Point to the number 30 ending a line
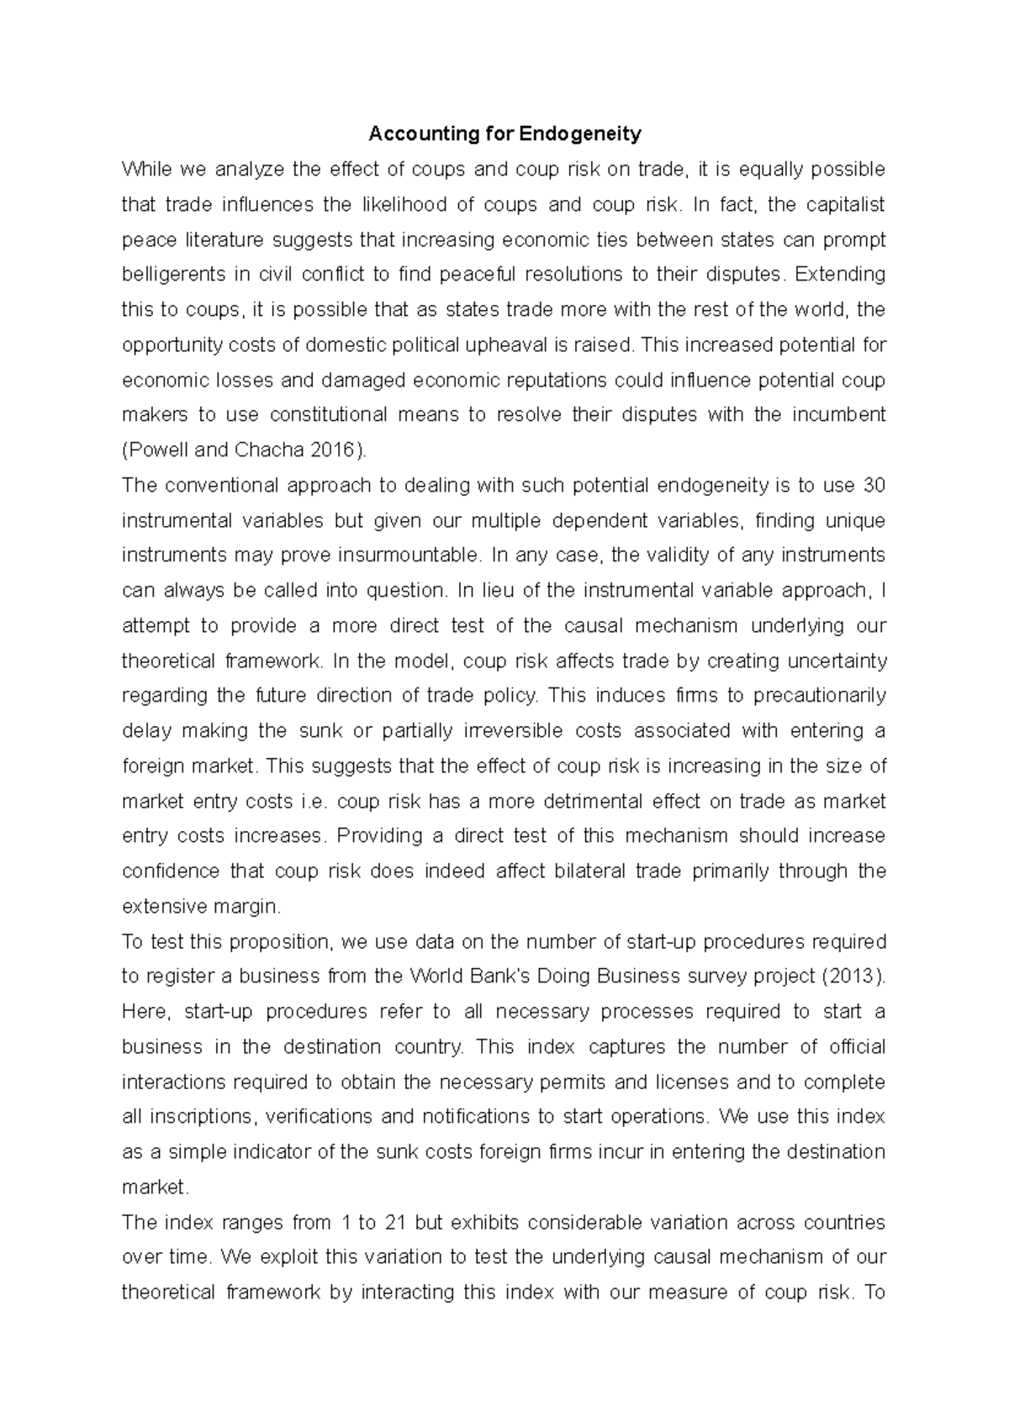pyautogui.click(x=874, y=486)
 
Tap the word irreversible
pyautogui.click(x=513, y=731)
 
